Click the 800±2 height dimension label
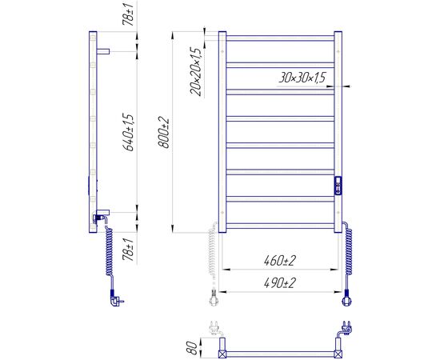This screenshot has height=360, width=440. (164, 133)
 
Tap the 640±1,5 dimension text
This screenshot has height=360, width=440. (129, 132)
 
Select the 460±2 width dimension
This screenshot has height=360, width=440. (279, 261)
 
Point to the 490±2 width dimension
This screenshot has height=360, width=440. (279, 283)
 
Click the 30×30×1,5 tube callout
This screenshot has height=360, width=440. (302, 78)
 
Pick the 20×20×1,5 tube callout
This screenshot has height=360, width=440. (195, 72)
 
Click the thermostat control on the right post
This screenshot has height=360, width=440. (338, 186)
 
